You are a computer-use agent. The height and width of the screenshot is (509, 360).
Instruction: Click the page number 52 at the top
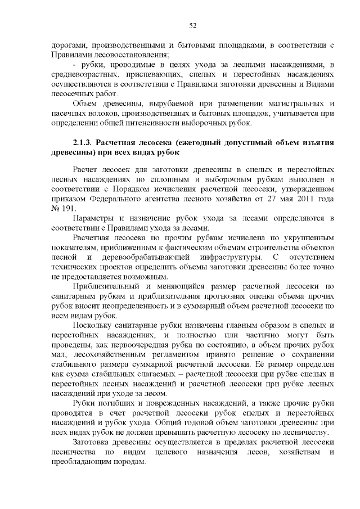pos(192,25)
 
